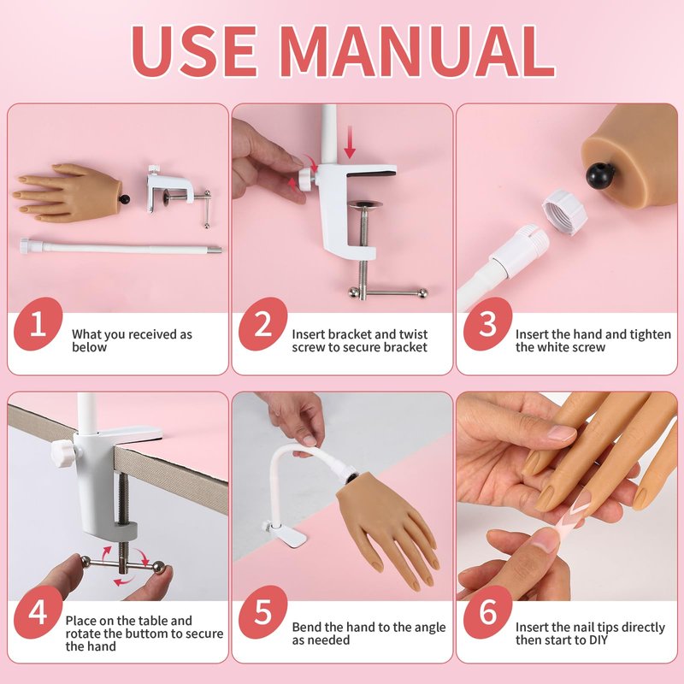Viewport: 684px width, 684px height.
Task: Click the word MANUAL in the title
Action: (418, 51)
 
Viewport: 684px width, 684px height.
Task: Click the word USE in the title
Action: (196, 51)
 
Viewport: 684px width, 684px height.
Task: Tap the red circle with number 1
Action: (38, 324)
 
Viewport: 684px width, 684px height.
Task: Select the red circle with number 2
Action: (262, 324)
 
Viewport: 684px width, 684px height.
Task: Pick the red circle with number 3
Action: (487, 324)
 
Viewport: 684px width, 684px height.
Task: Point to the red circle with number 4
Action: (38, 612)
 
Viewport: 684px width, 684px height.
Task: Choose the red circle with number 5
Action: (262, 612)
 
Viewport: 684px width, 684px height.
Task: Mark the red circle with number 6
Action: (487, 612)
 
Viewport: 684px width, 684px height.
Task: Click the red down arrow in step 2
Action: (350, 142)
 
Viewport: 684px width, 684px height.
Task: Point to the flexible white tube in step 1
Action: (121, 247)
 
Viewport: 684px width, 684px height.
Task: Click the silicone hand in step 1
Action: (71, 192)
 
